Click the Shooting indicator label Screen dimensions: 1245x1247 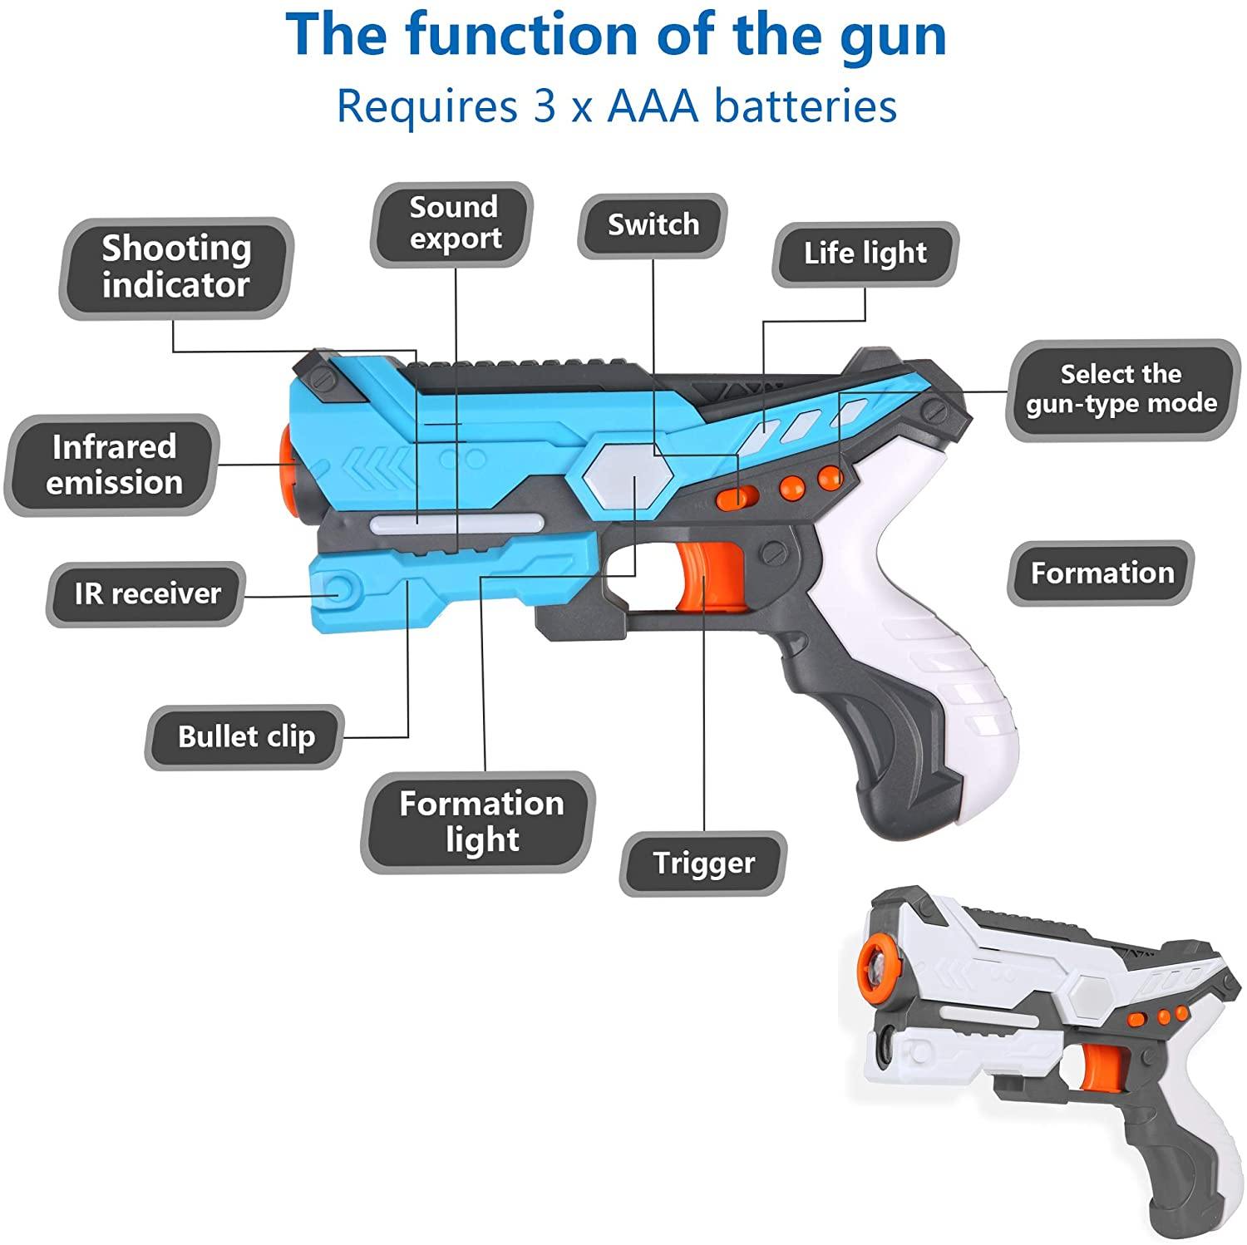click(175, 267)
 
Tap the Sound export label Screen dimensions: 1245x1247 click(453, 223)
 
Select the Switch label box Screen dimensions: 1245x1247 click(653, 225)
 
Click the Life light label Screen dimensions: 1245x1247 click(865, 253)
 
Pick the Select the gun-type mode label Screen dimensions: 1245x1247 click(1121, 390)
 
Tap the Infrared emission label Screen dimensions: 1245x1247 click(114, 465)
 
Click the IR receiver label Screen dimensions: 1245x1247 click(147, 593)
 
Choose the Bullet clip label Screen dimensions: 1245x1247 click(245, 736)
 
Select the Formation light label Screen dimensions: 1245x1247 click(481, 821)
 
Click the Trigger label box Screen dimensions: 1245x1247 click(703, 863)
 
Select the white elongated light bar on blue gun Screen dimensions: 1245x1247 click(456, 523)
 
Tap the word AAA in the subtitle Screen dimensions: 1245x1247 click(653, 106)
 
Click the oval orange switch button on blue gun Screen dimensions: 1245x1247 click(738, 496)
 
